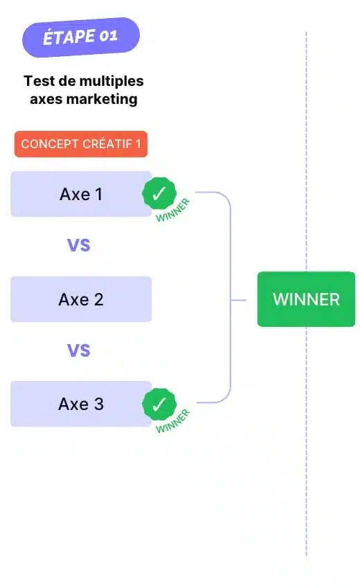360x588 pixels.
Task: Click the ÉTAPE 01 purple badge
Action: click(x=81, y=37)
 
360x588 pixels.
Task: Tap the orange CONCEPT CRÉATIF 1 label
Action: click(x=81, y=144)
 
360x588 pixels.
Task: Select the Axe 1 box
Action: click(x=81, y=194)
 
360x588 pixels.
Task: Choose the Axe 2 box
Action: click(x=81, y=299)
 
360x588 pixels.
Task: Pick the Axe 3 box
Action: click(x=81, y=404)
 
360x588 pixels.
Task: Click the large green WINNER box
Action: click(x=306, y=299)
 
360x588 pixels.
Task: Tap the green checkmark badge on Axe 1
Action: click(x=159, y=193)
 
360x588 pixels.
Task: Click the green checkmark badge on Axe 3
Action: click(x=159, y=404)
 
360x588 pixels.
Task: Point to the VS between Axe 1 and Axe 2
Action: click(x=79, y=245)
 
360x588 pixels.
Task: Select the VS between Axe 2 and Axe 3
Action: click(x=79, y=350)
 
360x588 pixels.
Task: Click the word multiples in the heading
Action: click(x=111, y=81)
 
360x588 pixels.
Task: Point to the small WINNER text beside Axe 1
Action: click(x=173, y=211)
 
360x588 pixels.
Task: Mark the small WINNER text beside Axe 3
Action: click(x=173, y=421)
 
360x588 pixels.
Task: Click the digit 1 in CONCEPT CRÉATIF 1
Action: click(x=138, y=144)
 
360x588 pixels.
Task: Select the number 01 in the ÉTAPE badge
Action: click(x=109, y=36)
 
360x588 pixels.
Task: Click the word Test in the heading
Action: click(x=39, y=81)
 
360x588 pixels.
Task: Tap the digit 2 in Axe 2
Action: click(x=98, y=300)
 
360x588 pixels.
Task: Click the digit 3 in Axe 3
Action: click(x=98, y=404)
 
